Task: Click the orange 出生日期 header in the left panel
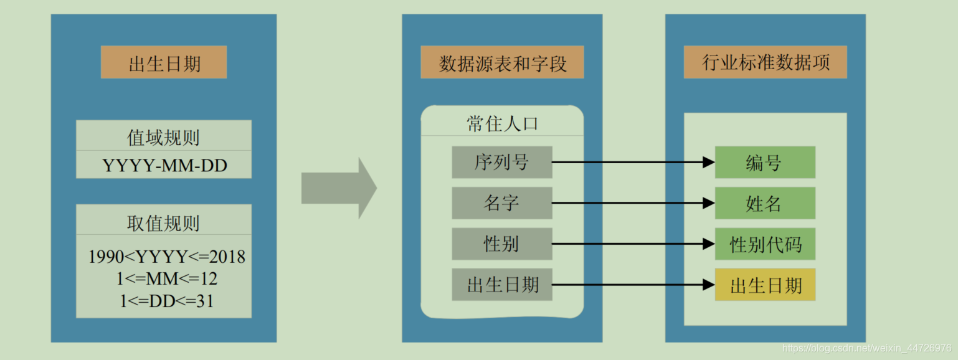tap(164, 63)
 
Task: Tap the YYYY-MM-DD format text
tap(164, 165)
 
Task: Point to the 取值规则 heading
tap(164, 223)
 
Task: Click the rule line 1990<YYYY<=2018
tap(166, 257)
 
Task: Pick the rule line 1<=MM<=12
tap(166, 278)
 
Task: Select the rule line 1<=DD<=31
tap(166, 301)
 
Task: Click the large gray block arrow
tap(338, 188)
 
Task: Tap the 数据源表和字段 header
tap(502, 63)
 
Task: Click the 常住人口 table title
tap(502, 123)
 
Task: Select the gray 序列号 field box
tap(502, 163)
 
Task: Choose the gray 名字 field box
tap(502, 203)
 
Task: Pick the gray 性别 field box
tap(502, 244)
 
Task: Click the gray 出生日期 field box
tap(502, 285)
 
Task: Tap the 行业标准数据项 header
tap(766, 63)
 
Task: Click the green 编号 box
tap(765, 163)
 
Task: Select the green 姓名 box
tap(765, 203)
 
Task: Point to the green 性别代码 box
tap(765, 244)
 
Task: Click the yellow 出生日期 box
tap(765, 285)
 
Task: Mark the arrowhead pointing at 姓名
tap(708, 203)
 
